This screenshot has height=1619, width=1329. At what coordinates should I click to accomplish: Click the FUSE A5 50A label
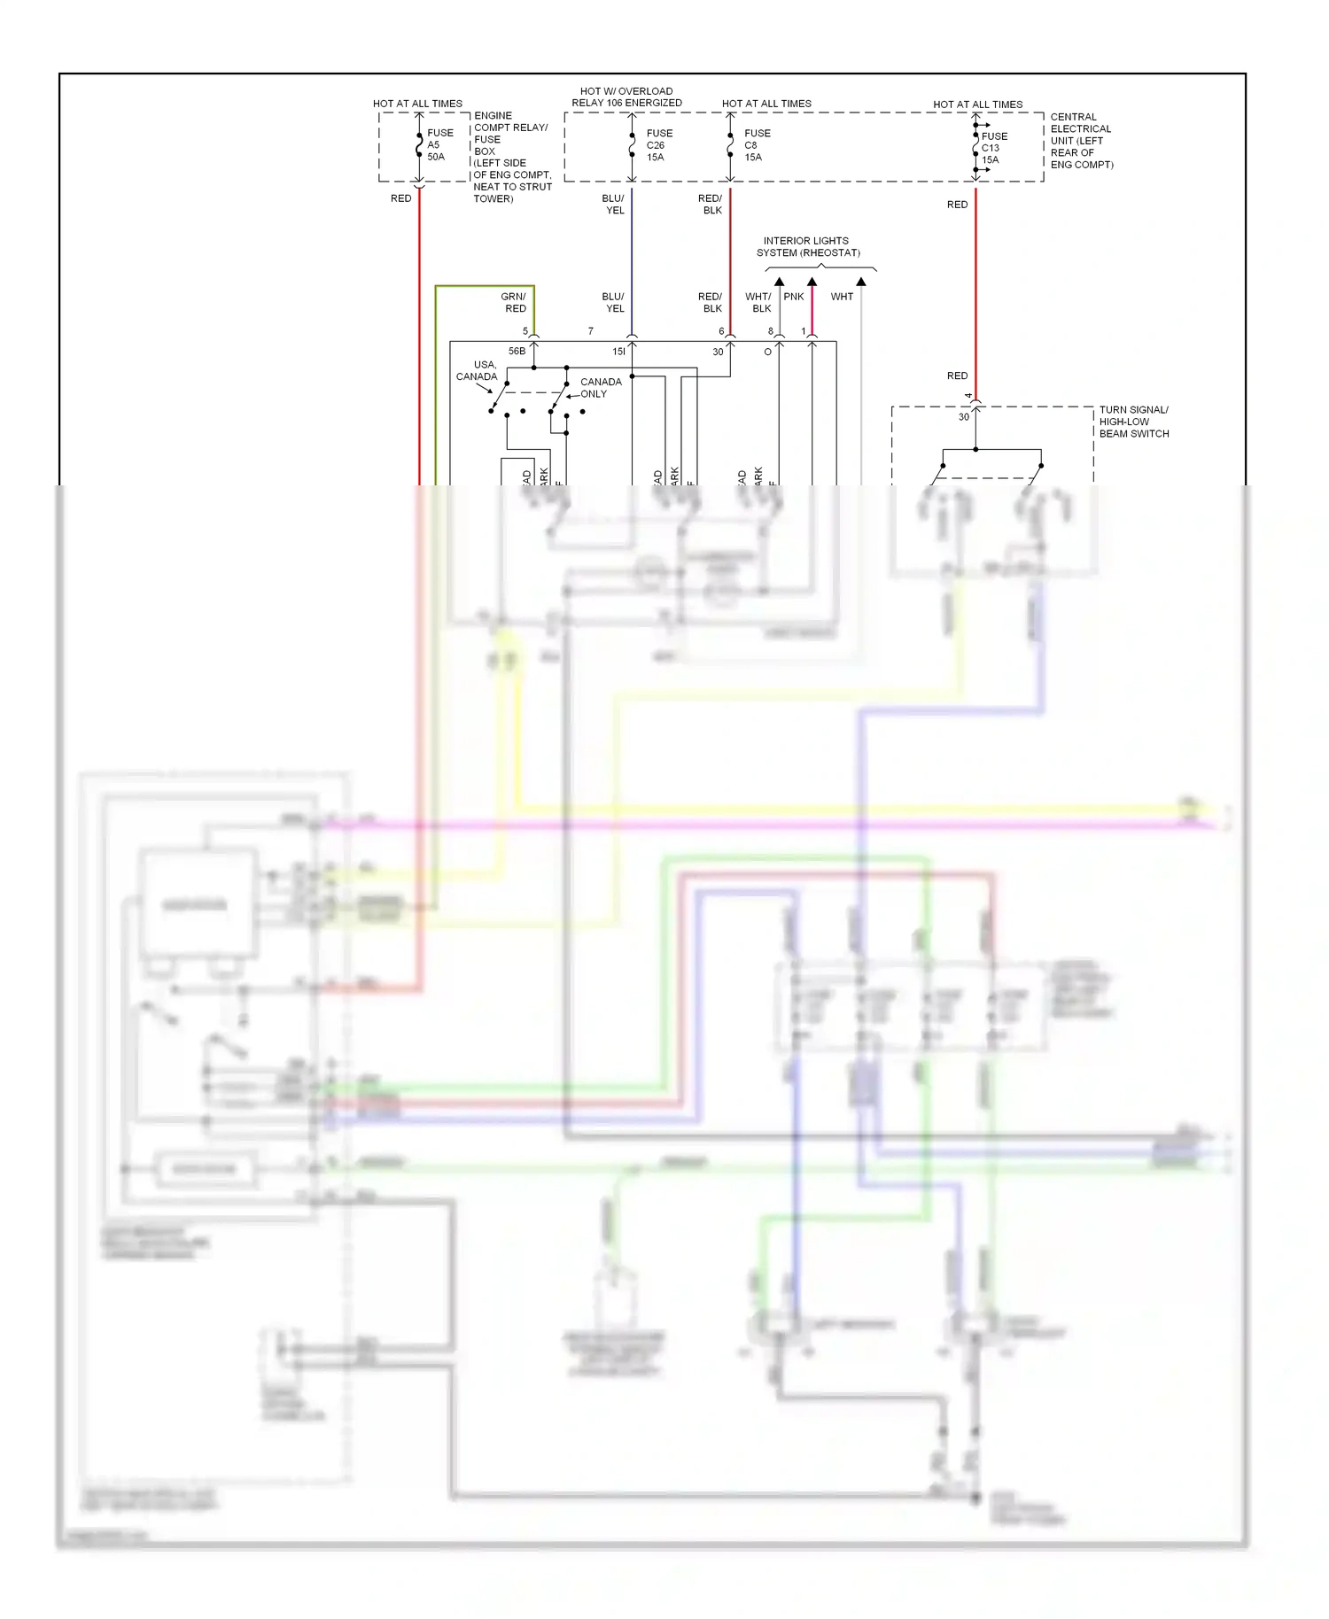pos(439,145)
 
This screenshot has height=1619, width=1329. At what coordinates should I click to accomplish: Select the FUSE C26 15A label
pos(659,145)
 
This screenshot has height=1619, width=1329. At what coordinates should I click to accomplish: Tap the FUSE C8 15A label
pos(757,145)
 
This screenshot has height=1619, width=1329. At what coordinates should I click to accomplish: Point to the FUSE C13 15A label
pos(993,148)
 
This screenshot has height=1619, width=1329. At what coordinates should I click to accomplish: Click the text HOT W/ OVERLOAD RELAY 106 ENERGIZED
pos(626,97)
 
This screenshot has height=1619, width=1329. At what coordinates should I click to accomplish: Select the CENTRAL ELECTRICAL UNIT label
pos(1081,141)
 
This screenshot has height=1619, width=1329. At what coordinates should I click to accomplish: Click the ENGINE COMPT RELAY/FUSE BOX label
pos(511,157)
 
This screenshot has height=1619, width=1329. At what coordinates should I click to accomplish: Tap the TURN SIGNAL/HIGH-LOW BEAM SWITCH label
pos(1133,422)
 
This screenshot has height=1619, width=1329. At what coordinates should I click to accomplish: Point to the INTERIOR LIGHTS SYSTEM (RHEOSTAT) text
pos(807,247)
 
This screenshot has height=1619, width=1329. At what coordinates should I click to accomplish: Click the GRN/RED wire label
pos(514,303)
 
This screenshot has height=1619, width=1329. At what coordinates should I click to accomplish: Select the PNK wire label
pos(793,297)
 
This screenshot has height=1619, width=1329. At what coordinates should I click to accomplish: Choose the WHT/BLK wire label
pos(759,303)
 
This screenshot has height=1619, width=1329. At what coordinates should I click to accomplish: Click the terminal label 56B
pos(517,352)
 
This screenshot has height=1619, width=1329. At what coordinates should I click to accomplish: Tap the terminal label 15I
pos(618,352)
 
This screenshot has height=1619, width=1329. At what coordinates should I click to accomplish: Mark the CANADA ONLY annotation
pos(600,388)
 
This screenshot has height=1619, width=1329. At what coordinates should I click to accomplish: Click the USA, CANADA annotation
pos(478,370)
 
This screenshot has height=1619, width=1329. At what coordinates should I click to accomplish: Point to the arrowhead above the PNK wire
pos(812,282)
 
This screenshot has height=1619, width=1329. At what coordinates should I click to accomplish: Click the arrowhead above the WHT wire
pos(860,282)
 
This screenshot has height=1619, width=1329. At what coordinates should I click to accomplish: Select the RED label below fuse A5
pos(400,198)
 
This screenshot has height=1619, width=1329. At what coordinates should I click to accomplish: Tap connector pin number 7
pos(591,331)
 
